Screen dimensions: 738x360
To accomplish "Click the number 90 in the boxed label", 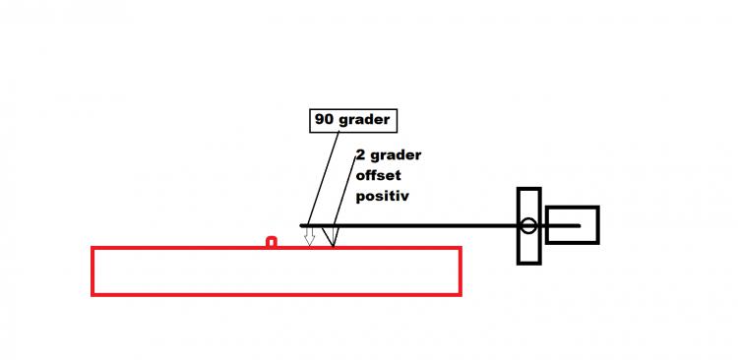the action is [x=326, y=120].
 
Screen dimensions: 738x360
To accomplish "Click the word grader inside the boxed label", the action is [x=365, y=120].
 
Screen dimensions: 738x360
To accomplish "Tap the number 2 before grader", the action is [x=360, y=154].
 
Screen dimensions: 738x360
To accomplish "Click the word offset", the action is [x=379, y=175].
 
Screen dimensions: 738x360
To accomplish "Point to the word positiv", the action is [x=382, y=197].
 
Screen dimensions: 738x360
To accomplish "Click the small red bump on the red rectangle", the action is [x=272, y=241].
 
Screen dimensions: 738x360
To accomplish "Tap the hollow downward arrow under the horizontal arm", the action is [x=309, y=236].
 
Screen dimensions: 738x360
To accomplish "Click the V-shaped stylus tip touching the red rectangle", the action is [x=331, y=237].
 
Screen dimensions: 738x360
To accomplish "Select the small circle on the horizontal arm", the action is [x=528, y=226].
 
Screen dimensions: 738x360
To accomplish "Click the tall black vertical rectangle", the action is [x=529, y=226].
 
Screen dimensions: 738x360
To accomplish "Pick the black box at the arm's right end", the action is [x=573, y=225].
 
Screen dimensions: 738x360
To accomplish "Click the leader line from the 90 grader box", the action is [x=323, y=178].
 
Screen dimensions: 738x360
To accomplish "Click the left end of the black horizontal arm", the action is [x=301, y=226].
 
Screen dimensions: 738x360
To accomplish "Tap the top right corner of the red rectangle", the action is [x=461, y=248].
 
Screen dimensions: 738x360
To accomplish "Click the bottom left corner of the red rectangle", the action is [x=92, y=294].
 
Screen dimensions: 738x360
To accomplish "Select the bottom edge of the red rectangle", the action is [x=277, y=294].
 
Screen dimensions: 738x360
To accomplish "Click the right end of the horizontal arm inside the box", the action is [x=579, y=226].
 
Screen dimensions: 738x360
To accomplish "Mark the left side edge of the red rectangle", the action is [x=92, y=271].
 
